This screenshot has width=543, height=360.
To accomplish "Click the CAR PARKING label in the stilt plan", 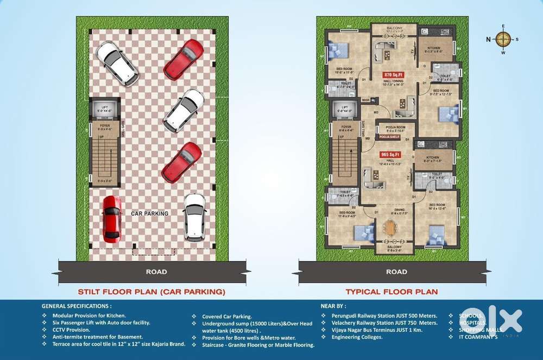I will tap(149, 214).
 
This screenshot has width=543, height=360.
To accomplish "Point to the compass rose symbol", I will tap(503, 39).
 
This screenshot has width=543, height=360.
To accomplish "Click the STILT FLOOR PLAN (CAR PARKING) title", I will tap(151, 292).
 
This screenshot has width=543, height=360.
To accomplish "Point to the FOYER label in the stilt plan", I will tap(104, 125).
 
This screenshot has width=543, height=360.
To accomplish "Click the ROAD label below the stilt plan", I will tap(156, 271).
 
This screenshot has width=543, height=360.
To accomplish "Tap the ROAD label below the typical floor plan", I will tap(396, 271).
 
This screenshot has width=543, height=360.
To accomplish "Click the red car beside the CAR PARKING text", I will tap(111, 219).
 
